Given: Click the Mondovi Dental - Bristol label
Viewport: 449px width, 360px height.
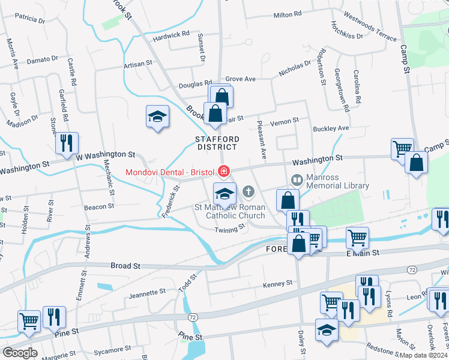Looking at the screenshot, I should click(169, 173).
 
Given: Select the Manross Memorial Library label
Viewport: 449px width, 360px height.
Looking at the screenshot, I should click(337, 181).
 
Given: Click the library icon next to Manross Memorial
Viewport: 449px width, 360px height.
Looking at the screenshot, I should click(297, 179).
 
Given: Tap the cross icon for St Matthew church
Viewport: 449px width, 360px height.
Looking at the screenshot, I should click(249, 193).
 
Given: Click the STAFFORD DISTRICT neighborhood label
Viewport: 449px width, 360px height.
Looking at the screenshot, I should click(217, 143).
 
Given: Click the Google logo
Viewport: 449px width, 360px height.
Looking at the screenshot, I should click(20, 353).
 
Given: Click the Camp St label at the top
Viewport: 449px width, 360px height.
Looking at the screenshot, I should click(404, 61).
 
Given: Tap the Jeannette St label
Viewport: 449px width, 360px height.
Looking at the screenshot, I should click(148, 292).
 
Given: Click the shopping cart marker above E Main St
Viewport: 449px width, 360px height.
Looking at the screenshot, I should click(357, 238).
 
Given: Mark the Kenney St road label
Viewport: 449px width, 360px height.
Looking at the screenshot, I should click(277, 283).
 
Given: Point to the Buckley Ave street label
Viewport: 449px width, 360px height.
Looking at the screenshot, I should click(331, 128).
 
